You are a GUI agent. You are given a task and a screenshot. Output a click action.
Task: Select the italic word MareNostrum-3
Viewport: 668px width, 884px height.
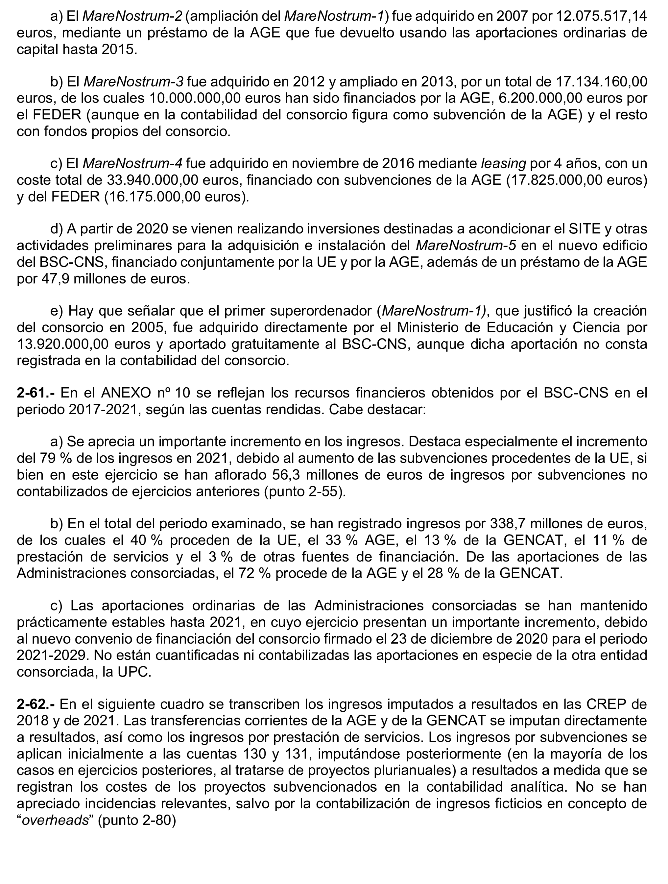(x=133, y=82)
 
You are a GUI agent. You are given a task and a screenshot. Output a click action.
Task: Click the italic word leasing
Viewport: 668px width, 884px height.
(x=503, y=163)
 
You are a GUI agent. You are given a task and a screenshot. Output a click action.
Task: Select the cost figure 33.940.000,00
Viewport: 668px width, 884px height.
(x=152, y=180)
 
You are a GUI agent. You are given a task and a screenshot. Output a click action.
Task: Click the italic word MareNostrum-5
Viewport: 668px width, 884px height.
(x=466, y=246)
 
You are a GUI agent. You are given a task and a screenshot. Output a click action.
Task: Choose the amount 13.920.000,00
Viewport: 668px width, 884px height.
(x=62, y=344)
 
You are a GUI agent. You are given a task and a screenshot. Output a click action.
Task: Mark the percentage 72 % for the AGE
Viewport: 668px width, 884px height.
(x=255, y=573)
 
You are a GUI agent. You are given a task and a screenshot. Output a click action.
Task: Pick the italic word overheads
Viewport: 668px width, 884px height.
(x=55, y=820)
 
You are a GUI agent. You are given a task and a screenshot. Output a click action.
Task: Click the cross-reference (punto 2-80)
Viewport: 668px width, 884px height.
(x=137, y=820)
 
